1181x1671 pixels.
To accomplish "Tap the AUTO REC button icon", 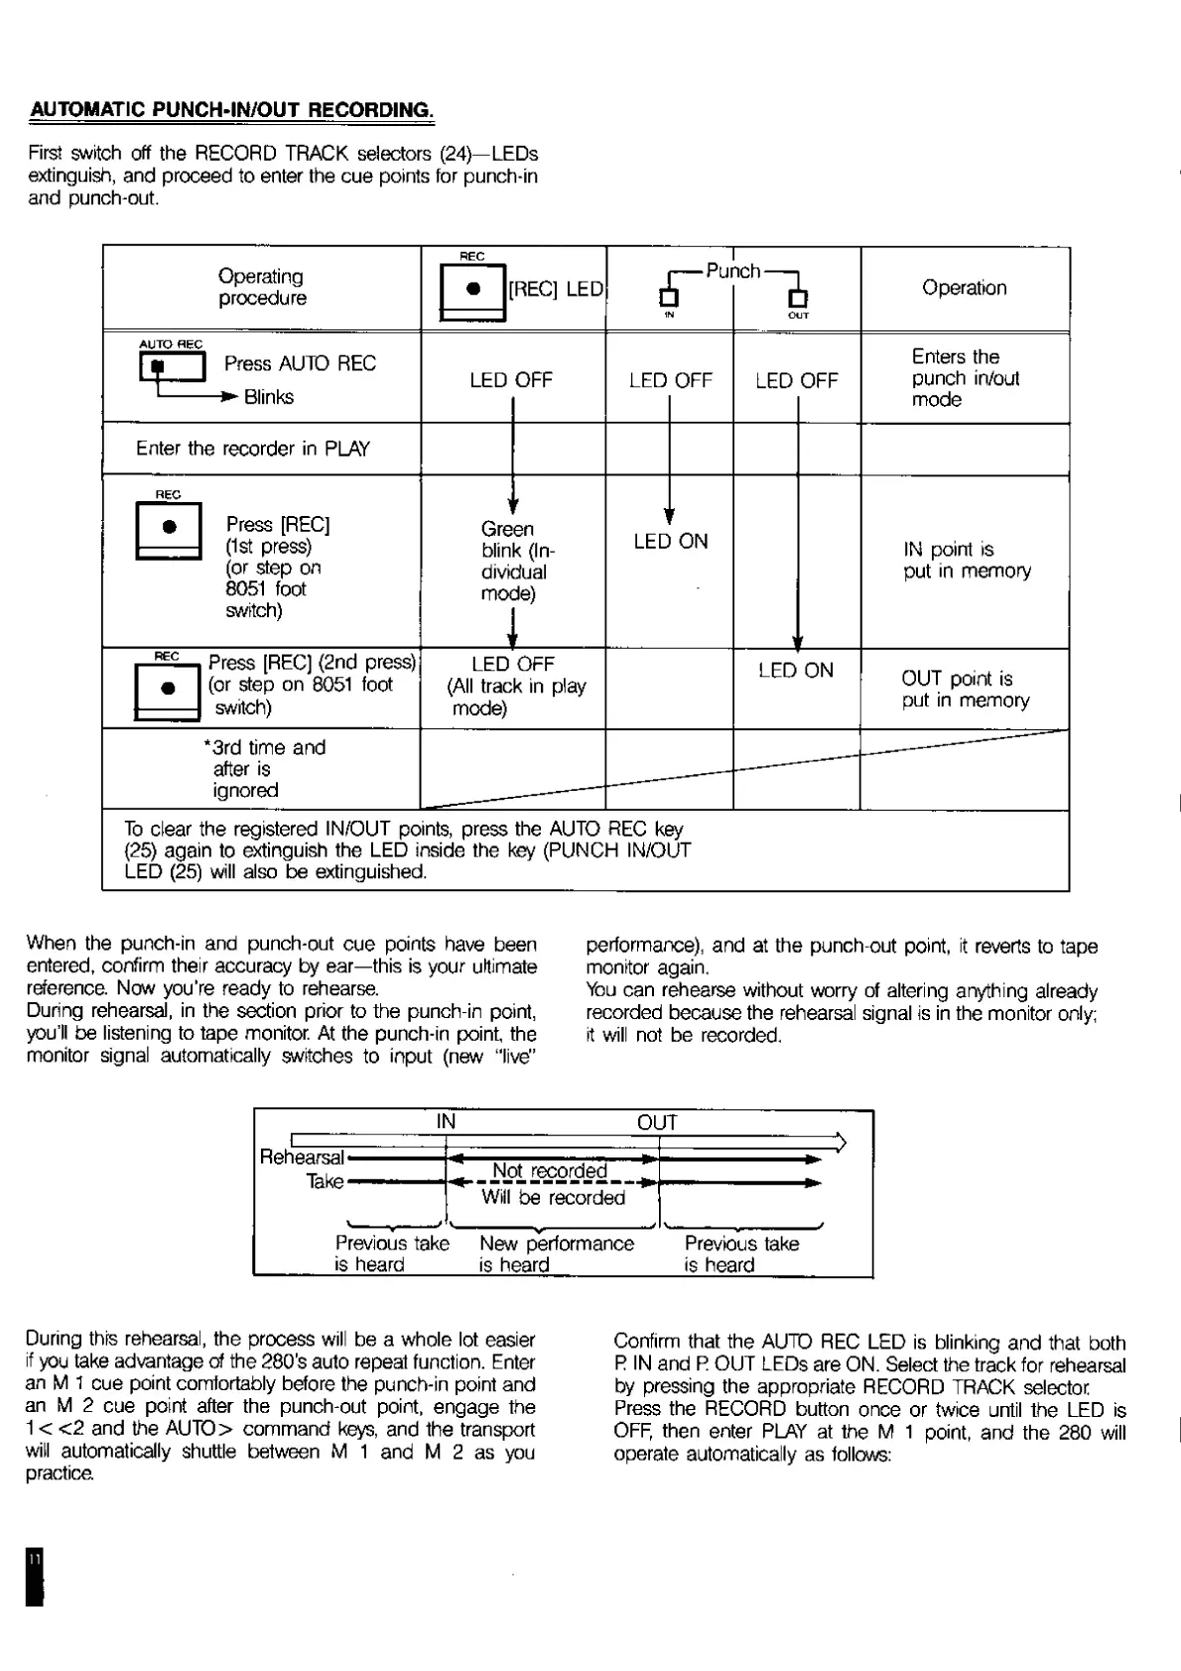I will click(174, 367).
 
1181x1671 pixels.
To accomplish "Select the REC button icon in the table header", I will click(472, 290).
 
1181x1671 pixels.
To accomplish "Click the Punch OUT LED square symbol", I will click(797, 297).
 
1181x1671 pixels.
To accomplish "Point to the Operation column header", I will click(964, 288).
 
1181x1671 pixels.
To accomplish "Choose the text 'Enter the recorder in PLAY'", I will click(252, 449).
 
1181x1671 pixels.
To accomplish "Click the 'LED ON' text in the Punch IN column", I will click(671, 541).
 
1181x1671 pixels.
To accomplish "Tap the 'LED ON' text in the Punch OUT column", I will click(796, 670).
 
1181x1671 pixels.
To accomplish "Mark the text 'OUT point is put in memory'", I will click(965, 689).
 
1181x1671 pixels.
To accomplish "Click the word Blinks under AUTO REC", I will click(269, 397).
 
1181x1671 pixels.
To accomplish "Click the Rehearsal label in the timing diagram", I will click(301, 1157).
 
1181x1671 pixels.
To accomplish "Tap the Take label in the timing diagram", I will click(325, 1182).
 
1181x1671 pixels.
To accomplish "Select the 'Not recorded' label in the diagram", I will click(549, 1170).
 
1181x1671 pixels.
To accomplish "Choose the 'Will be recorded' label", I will click(553, 1198).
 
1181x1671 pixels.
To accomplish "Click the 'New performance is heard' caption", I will click(556, 1253).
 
